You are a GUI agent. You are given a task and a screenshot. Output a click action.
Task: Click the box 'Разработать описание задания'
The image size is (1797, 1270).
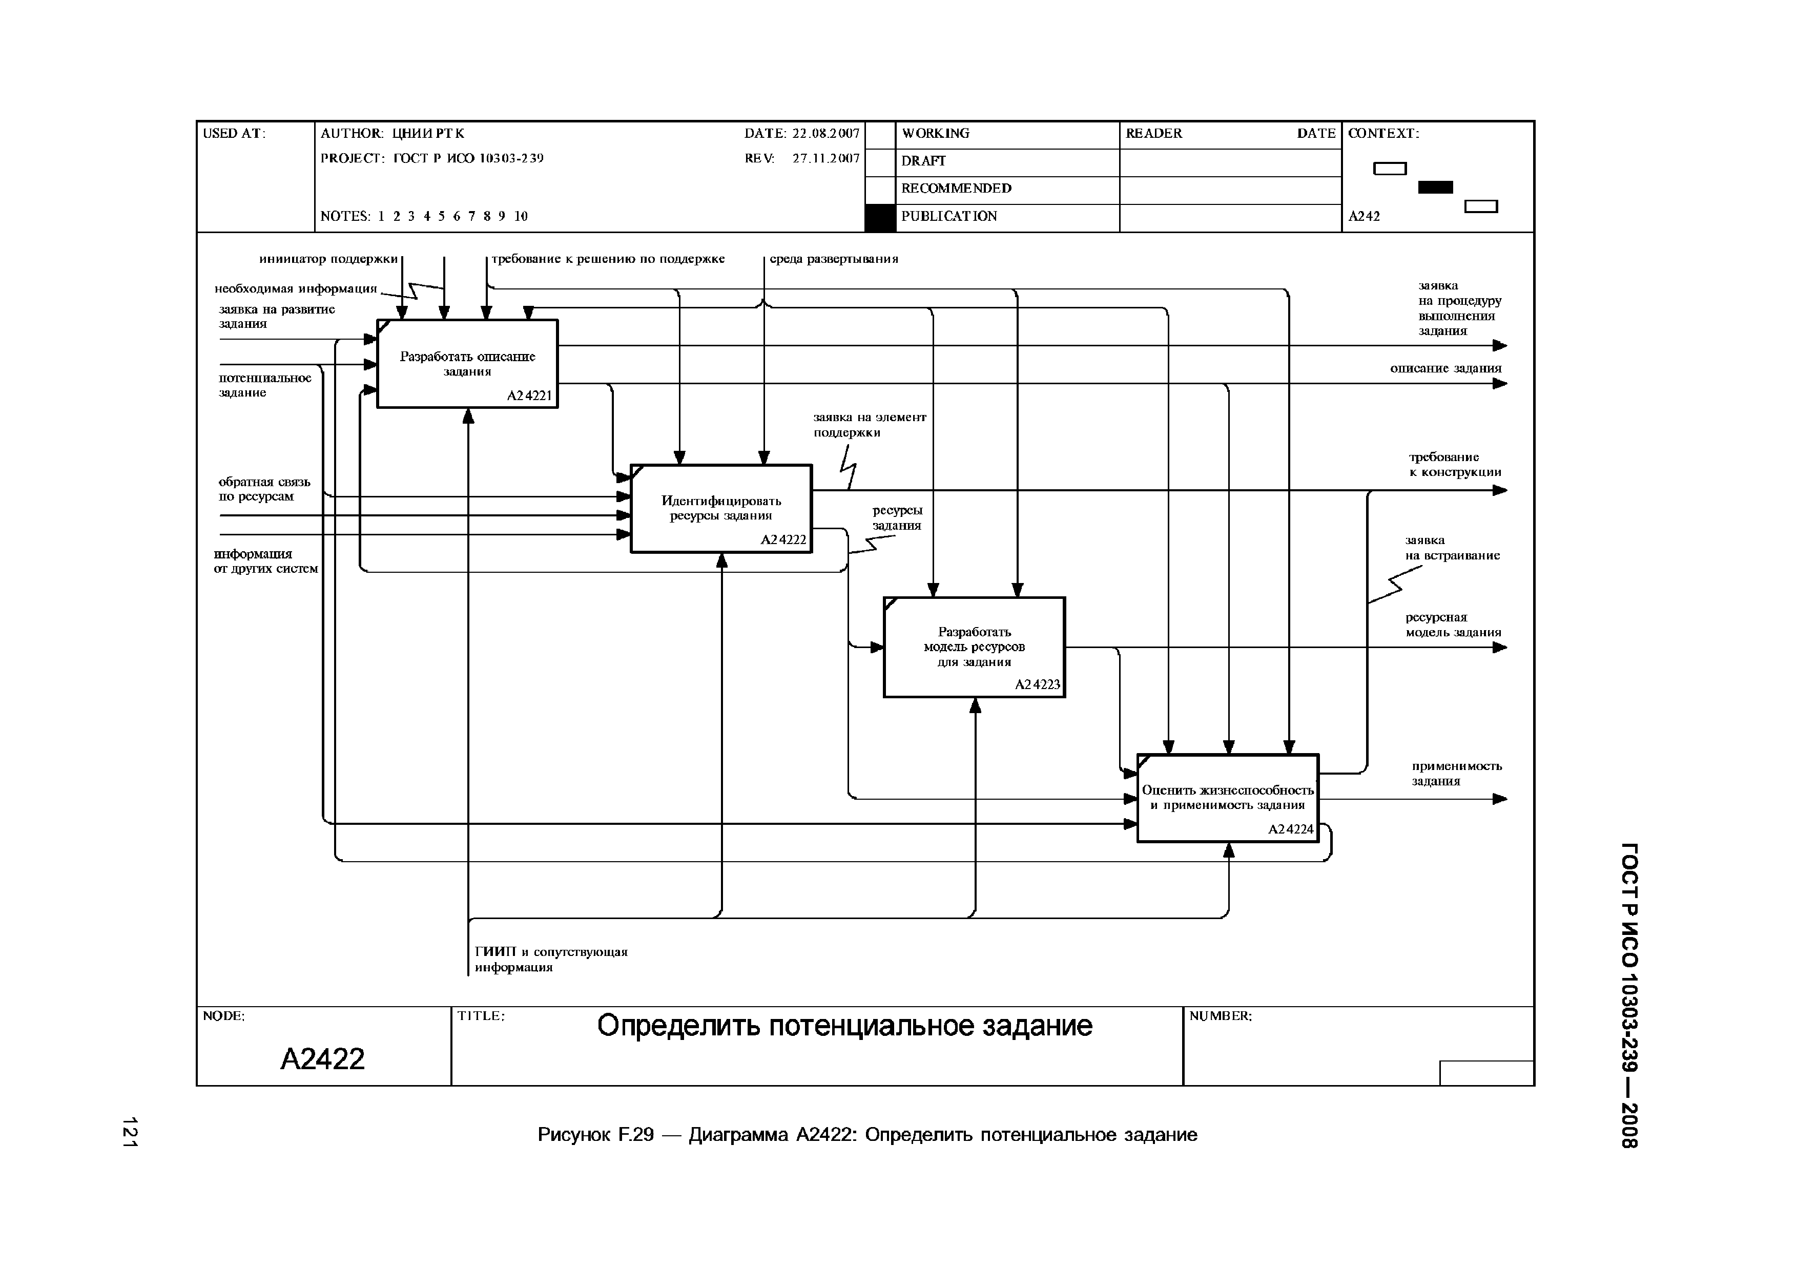click(x=467, y=364)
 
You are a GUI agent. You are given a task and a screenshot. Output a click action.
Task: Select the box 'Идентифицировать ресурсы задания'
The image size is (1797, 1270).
click(x=721, y=509)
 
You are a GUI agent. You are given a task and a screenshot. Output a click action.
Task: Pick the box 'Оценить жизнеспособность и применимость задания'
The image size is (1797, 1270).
click(x=1227, y=798)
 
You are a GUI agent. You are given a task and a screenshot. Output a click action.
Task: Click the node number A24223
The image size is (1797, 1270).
click(x=1037, y=684)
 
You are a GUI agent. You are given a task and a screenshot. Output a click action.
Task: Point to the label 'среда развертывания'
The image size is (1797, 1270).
click(x=834, y=259)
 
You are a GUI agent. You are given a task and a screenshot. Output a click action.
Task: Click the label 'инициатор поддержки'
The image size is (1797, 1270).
click(x=329, y=259)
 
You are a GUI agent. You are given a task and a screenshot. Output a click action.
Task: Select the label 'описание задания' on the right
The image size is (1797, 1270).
click(x=1445, y=368)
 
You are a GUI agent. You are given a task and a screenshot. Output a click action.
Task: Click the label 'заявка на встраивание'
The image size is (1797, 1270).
click(x=1452, y=548)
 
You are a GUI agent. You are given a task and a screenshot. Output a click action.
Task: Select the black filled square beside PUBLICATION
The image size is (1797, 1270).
click(x=880, y=218)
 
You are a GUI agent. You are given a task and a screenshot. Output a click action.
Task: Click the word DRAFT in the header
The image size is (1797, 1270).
click(x=923, y=161)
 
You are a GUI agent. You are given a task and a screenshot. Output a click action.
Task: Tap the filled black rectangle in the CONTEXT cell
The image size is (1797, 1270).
click(x=1435, y=187)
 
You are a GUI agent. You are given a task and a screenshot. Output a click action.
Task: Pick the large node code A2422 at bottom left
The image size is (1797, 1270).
click(x=322, y=1059)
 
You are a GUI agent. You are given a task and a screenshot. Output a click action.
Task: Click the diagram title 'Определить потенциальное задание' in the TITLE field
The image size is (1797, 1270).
click(x=844, y=1026)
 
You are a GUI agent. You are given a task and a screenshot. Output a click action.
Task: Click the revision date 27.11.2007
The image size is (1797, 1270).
click(x=825, y=158)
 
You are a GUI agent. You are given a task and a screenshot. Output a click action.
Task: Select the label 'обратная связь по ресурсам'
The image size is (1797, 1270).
click(x=264, y=489)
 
